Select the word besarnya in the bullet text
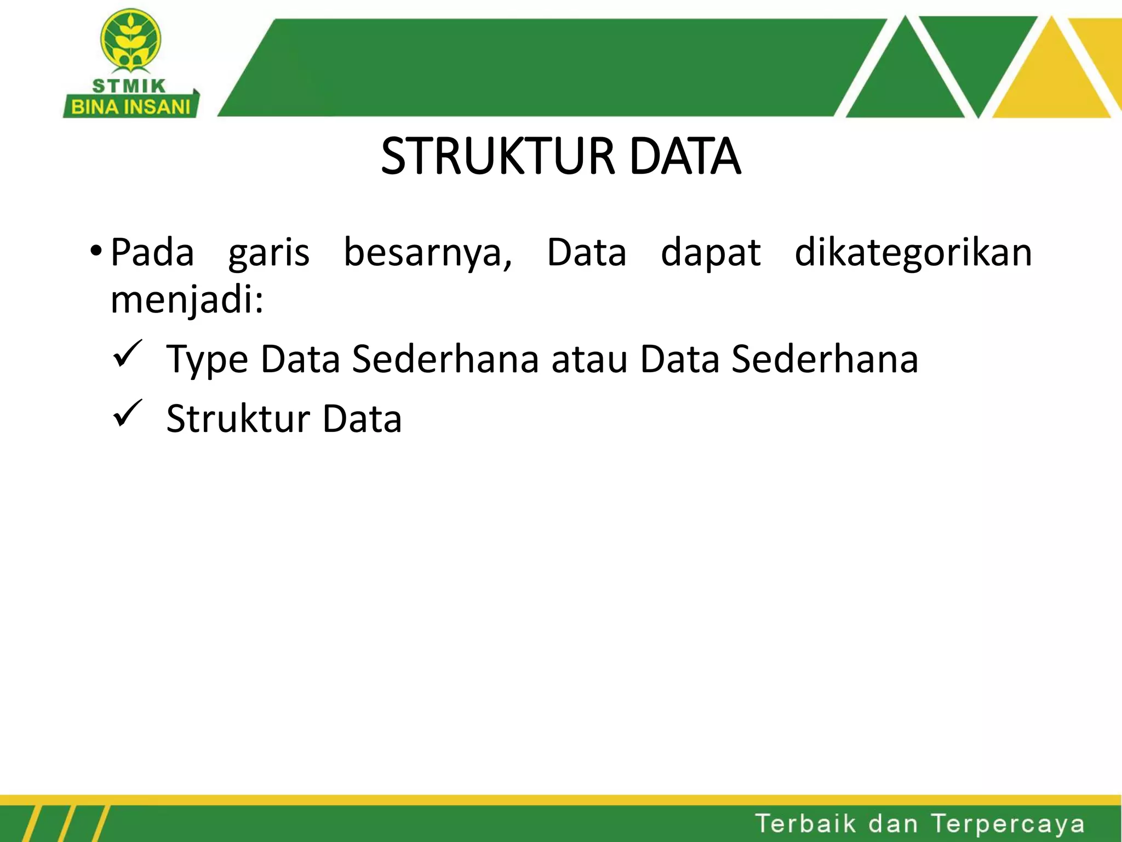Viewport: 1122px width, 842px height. pyautogui.click(x=428, y=253)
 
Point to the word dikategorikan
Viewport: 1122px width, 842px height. pyautogui.click(x=913, y=253)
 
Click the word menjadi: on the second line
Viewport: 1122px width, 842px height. pyautogui.click(x=187, y=300)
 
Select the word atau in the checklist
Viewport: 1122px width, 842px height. pyautogui.click(x=589, y=360)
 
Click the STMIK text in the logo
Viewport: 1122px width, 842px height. pyautogui.click(x=129, y=86)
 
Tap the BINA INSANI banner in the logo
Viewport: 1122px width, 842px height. pyautogui.click(x=130, y=107)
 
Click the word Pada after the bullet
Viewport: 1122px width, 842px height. pyautogui.click(x=152, y=253)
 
